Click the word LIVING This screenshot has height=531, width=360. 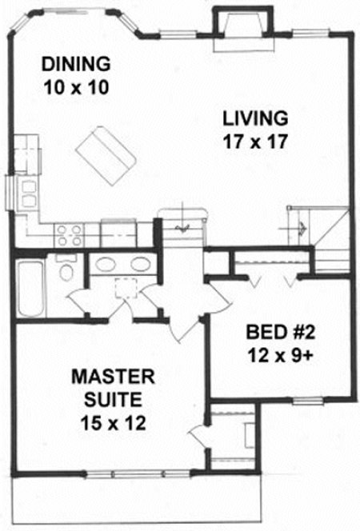(254, 119)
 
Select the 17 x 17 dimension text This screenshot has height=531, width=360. (254, 142)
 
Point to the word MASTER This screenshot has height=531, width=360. (107, 376)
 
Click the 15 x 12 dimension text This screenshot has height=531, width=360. (107, 424)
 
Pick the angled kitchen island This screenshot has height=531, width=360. (106, 155)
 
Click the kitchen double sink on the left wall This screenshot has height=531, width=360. (29, 191)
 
